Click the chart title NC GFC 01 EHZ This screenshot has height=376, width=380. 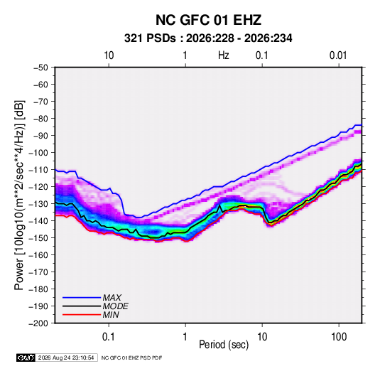[208, 20]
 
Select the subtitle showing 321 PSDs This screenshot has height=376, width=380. [208, 38]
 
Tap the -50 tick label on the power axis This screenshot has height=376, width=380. [40, 68]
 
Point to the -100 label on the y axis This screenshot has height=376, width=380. [38, 153]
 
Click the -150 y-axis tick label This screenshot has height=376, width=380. [38, 237]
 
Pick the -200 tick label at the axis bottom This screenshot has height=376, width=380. [38, 323]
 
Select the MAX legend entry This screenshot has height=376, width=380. [112, 298]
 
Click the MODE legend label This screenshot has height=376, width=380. [115, 306]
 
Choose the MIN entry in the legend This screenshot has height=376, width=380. [111, 315]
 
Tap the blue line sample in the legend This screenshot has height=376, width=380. [82, 298]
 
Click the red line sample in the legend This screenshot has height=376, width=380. [82, 315]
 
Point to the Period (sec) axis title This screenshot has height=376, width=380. [224, 345]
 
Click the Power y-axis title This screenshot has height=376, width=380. [19, 195]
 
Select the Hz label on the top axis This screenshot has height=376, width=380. [224, 55]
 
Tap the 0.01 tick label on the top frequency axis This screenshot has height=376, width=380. [338, 55]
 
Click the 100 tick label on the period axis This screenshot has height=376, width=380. [339, 337]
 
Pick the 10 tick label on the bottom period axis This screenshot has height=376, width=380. [262, 337]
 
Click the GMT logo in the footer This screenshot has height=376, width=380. [26, 358]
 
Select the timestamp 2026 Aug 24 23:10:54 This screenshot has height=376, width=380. [66, 358]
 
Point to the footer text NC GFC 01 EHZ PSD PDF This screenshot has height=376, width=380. [131, 358]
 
